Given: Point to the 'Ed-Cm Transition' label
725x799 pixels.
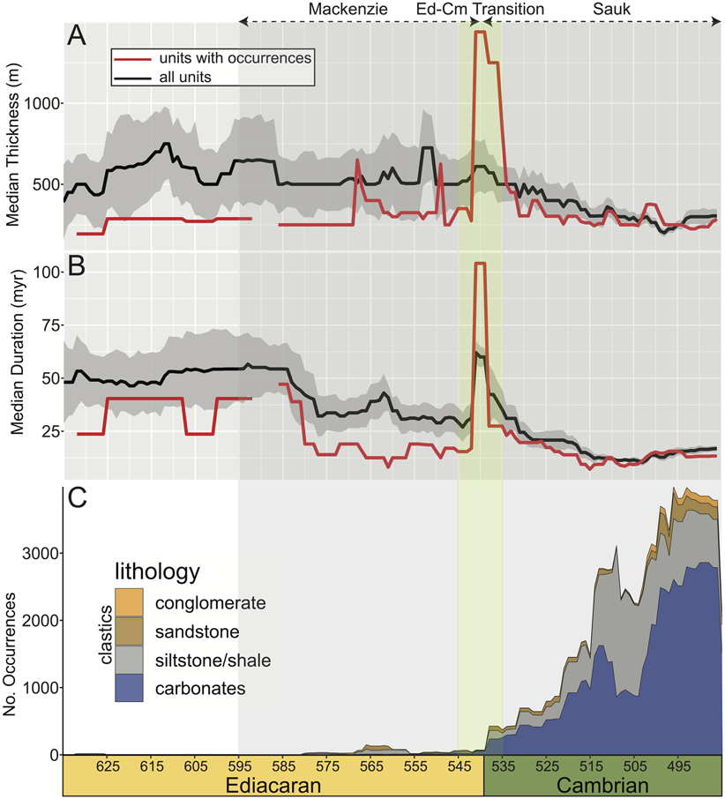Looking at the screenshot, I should pyautogui.click(x=480, y=10).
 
